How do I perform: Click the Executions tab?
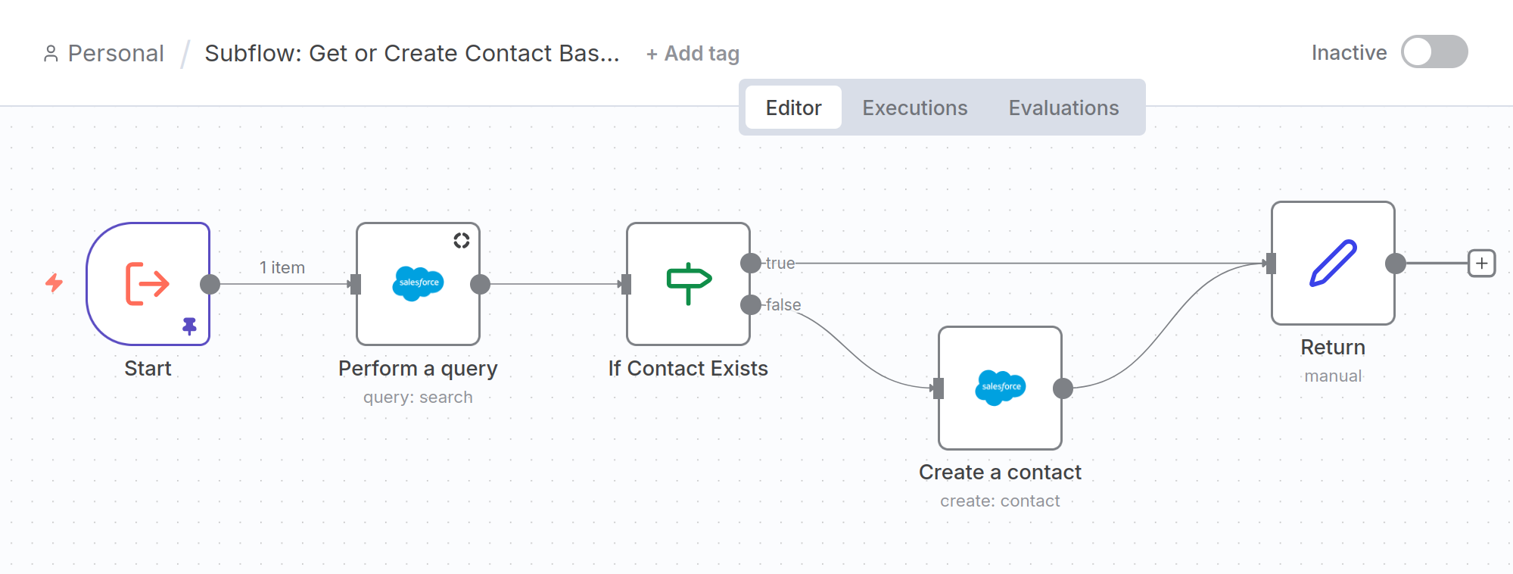914,108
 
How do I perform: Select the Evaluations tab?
1063,108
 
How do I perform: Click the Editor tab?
793,108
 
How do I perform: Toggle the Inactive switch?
1434,52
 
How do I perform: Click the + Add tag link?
693,54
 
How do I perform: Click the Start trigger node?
148,284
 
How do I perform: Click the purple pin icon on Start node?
189,326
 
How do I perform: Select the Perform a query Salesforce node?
418,284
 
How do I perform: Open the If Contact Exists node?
688,284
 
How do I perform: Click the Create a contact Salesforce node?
1000,388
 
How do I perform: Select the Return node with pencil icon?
1333,263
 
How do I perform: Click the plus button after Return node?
1481,264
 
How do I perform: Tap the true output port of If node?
750,264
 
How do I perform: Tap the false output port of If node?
750,305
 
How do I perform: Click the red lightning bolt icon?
54,283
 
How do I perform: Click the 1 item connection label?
282,267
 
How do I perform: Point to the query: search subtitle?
418,397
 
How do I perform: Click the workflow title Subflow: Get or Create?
412,54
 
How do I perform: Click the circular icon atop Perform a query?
462,241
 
